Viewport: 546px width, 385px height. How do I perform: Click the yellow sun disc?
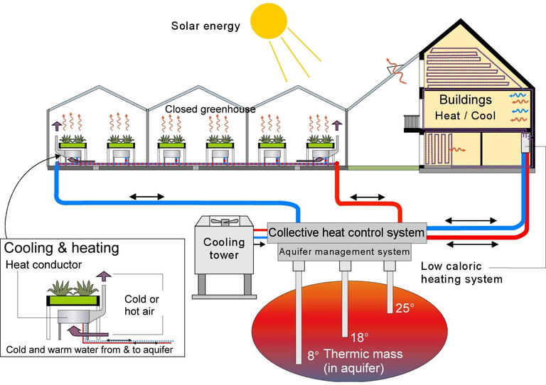(x=269, y=20)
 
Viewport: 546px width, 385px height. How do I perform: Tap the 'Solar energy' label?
(x=205, y=26)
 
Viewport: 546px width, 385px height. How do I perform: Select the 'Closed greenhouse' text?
(x=210, y=109)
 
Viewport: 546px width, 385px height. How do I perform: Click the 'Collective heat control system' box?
(x=346, y=232)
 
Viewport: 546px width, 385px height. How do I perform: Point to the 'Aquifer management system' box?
(x=344, y=251)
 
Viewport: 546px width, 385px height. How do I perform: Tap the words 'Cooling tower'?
(x=224, y=249)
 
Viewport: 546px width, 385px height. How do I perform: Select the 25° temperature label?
(x=405, y=308)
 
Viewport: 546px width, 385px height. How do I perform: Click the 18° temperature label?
(x=359, y=337)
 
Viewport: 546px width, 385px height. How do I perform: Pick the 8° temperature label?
(x=313, y=355)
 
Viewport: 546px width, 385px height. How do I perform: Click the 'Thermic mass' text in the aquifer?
(x=363, y=354)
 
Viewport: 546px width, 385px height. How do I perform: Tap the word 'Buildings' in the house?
(x=465, y=100)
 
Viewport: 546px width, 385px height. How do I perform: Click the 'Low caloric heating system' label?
(x=461, y=273)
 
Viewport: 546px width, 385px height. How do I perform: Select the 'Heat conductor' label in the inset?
(x=43, y=265)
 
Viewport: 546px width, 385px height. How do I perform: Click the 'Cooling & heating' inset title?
(x=62, y=248)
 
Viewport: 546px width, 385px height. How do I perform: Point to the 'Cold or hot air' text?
(x=141, y=305)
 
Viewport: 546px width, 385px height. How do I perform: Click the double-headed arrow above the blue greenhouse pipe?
(x=146, y=197)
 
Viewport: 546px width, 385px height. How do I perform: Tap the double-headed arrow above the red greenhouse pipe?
(x=368, y=197)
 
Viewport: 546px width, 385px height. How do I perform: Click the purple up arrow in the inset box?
(x=103, y=276)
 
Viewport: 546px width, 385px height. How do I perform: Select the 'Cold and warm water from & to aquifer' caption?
(x=90, y=349)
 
